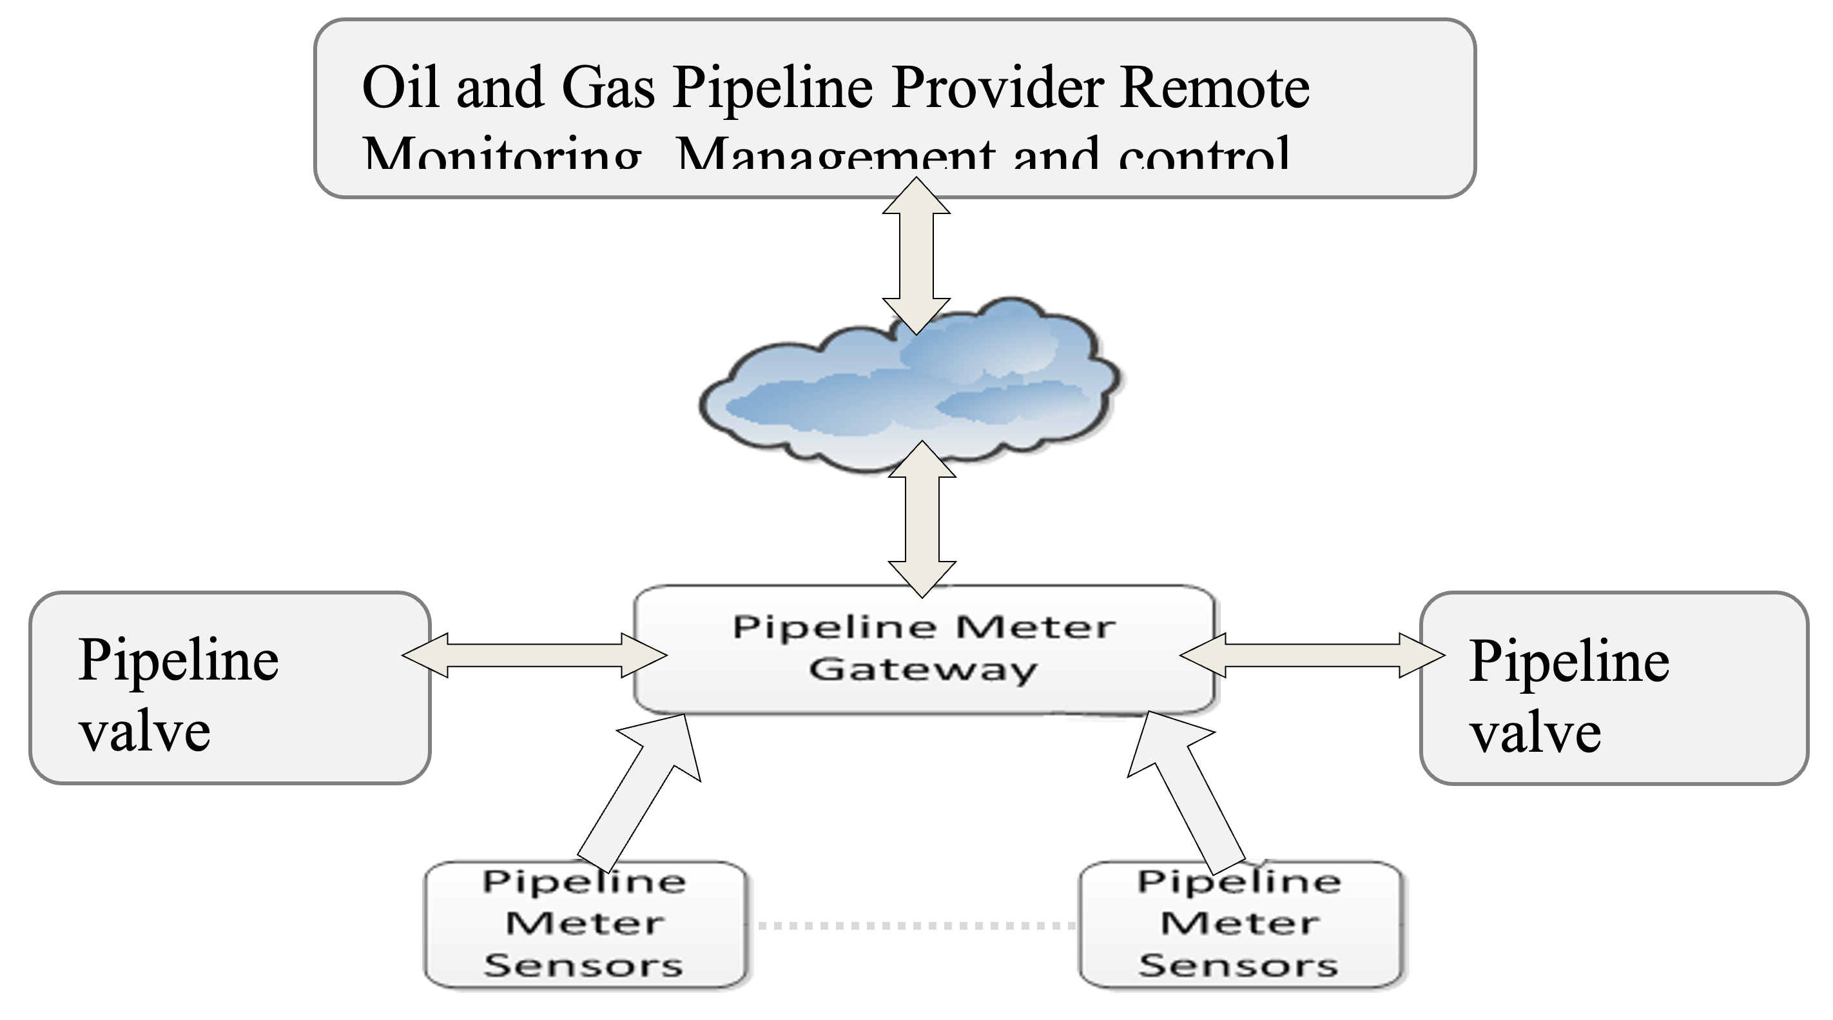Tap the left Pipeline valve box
coord(229,689)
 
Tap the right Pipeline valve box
coord(1614,689)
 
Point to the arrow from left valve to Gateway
coord(534,655)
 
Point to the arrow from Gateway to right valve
coord(1313,655)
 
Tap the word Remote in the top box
coord(1214,87)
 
